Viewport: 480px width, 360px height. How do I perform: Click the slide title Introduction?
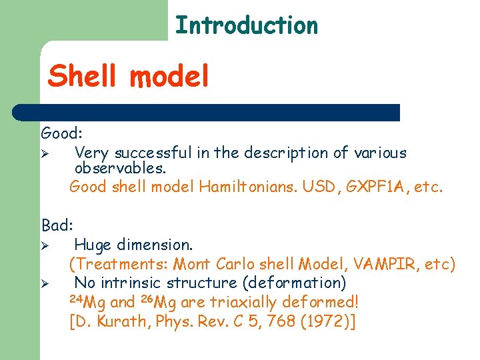[246, 25]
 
